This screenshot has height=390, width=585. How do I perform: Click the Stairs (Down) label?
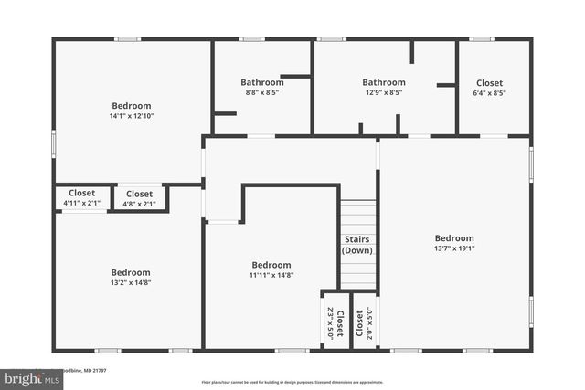click(x=357, y=244)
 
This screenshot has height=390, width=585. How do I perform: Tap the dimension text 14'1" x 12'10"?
click(x=132, y=116)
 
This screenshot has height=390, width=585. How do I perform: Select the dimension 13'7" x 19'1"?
click(x=454, y=248)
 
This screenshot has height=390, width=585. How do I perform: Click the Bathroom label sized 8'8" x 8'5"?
click(x=262, y=82)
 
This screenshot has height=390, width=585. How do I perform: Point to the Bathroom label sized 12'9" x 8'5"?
click(x=383, y=82)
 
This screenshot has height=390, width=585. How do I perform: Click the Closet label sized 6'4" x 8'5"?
click(x=489, y=82)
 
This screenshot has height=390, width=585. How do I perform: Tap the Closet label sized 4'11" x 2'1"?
click(x=82, y=194)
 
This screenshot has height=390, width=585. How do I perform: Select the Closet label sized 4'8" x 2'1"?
click(x=139, y=194)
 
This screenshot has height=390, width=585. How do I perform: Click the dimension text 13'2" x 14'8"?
click(x=131, y=283)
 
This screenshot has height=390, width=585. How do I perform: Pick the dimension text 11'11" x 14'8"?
click(x=271, y=275)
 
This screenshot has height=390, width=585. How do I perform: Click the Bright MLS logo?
click(x=27, y=376)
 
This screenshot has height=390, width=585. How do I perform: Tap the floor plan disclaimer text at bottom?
click(x=292, y=382)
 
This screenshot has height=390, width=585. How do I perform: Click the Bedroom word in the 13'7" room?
click(x=454, y=237)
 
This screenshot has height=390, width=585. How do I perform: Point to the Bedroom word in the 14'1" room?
click(x=132, y=106)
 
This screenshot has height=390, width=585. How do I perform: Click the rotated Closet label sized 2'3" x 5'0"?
click(x=335, y=323)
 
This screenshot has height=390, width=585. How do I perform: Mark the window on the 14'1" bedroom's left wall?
click(x=53, y=143)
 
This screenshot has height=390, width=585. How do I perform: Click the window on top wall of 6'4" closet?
click(x=481, y=39)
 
